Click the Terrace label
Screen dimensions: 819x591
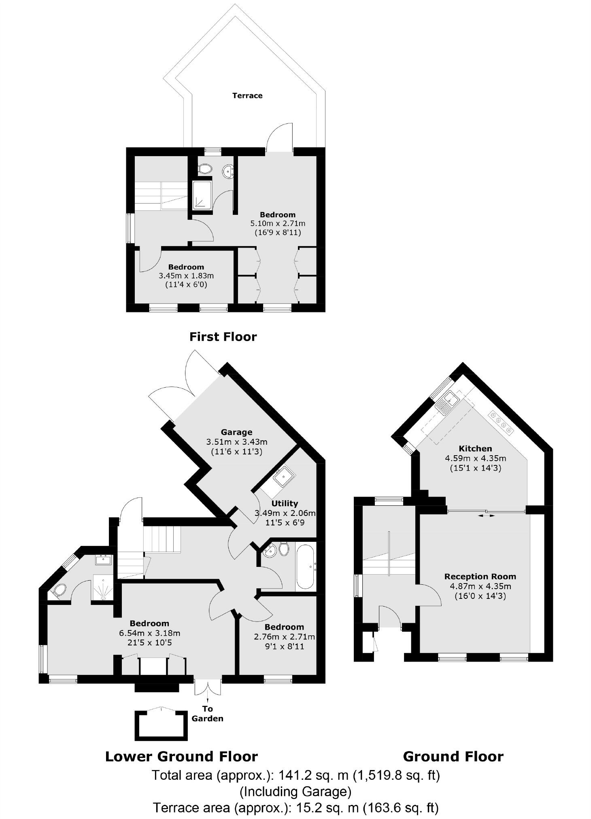click(x=247, y=95)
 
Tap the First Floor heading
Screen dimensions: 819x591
click(x=223, y=337)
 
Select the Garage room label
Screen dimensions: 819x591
click(x=236, y=432)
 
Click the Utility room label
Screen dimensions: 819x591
click(x=285, y=503)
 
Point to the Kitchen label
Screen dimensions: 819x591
click(x=475, y=448)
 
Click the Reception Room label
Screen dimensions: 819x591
click(x=480, y=577)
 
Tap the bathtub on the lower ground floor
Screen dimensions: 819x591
click(x=305, y=567)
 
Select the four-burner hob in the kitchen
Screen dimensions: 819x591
click(x=501, y=422)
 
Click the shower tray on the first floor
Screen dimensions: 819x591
click(x=202, y=195)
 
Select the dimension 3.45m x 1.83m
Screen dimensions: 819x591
click(x=186, y=276)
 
